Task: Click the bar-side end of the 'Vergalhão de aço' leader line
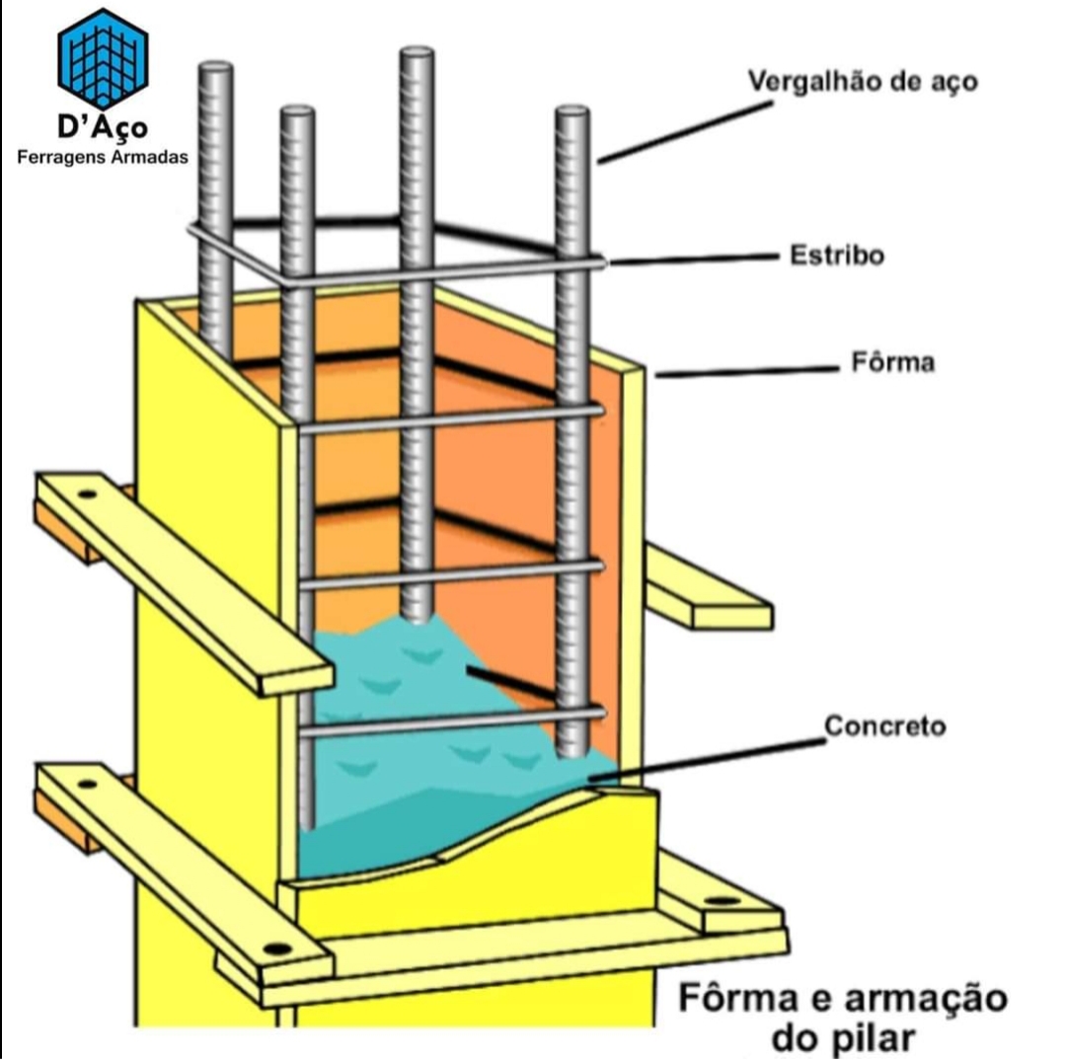(599, 162)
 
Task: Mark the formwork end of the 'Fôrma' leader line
(656, 375)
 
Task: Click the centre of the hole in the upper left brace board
(86, 493)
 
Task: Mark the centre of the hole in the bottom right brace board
(722, 901)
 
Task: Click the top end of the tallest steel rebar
(417, 51)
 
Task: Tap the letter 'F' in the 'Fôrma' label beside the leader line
(860, 362)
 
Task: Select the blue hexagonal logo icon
(103, 59)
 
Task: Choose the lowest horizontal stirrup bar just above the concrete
(451, 721)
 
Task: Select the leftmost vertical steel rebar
(215, 212)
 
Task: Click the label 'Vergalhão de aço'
(863, 81)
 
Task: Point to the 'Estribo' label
(837, 256)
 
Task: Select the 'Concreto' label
(884, 726)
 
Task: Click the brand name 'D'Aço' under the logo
(103, 127)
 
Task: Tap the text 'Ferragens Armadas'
(103, 158)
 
